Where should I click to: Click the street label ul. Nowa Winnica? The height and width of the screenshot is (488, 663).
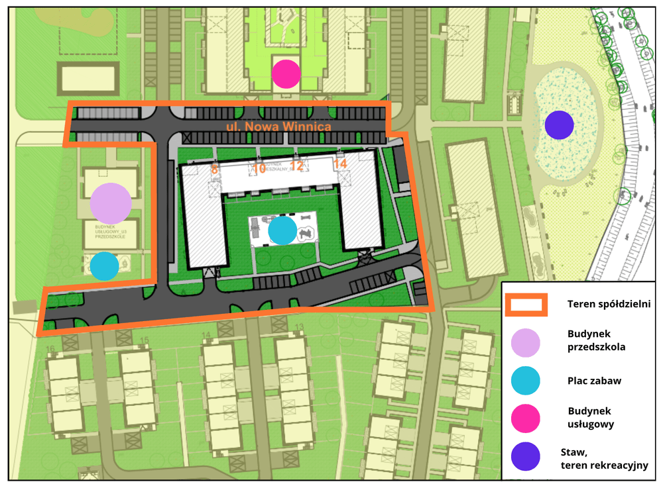(274, 126)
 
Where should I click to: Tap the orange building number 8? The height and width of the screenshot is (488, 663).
(214, 169)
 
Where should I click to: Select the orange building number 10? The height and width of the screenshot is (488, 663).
(259, 166)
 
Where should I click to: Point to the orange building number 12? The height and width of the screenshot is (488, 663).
(297, 166)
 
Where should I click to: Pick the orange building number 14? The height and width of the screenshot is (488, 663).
(340, 164)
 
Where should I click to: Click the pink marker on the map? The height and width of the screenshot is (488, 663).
(286, 73)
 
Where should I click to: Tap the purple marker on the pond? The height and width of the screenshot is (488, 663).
(559, 125)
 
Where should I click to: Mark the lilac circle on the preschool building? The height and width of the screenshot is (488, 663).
(111, 203)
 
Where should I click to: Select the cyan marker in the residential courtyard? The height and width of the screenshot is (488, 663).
(283, 230)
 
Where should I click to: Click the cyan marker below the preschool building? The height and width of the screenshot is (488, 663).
(104, 266)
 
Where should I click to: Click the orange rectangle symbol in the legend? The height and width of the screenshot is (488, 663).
(526, 305)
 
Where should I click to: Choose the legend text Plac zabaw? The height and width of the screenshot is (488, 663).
(594, 381)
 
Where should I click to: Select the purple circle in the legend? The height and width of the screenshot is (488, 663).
(526, 457)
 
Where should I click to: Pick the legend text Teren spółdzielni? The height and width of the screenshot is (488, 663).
(609, 304)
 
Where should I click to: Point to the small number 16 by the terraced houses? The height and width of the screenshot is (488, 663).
(50, 349)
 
